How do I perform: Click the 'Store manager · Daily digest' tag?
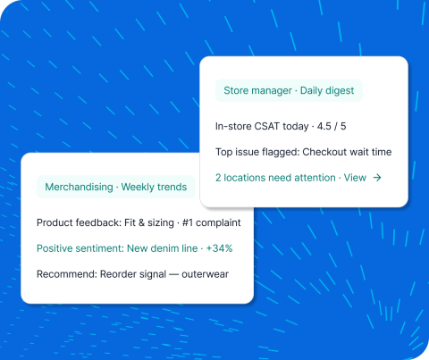(x=289, y=91)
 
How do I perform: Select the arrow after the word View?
(x=377, y=178)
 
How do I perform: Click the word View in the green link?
(x=355, y=178)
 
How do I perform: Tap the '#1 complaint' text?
(x=204, y=222)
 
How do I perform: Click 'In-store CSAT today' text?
(x=258, y=126)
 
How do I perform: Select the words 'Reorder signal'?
(x=131, y=273)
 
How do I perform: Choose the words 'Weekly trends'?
(x=154, y=187)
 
